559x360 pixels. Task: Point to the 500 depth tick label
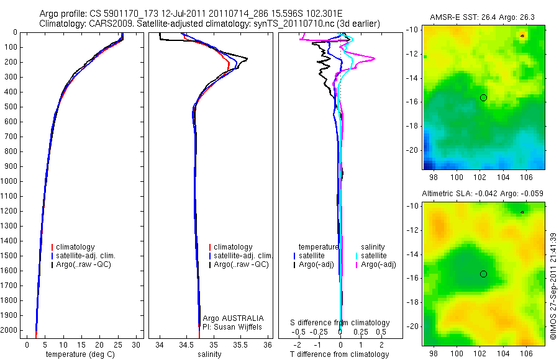(11, 107)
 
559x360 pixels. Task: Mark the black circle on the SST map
(483, 97)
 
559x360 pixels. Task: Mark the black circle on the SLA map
(483, 274)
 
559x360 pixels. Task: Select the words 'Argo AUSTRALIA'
(229, 318)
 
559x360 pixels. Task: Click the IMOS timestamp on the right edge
(552, 286)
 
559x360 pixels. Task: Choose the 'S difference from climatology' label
(340, 323)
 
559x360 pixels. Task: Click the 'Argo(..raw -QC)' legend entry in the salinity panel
(241, 264)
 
